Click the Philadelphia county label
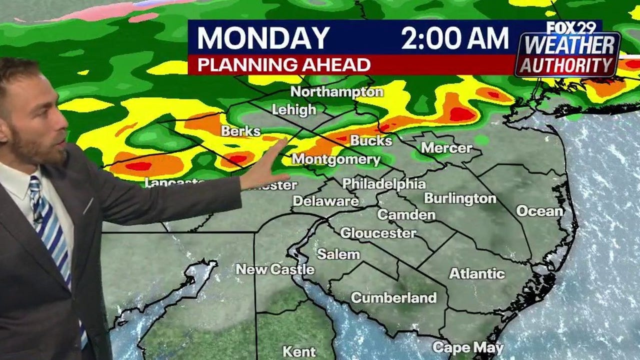coord(383,183)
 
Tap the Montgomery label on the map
coord(336,159)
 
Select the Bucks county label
coord(371,140)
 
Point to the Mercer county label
coord(446,147)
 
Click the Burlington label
coord(460,198)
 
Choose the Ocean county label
coord(539,211)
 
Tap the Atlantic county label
coord(476,273)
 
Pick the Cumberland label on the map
coord(393,298)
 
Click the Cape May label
coord(468,347)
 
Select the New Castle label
coord(275,269)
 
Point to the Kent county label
coord(299,351)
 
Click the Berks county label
coord(241,131)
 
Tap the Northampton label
coord(336,92)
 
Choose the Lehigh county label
coord(294,109)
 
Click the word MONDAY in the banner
coord(263,38)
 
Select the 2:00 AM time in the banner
coord(454,38)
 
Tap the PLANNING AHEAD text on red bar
coord(283,65)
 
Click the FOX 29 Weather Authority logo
coord(569,50)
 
